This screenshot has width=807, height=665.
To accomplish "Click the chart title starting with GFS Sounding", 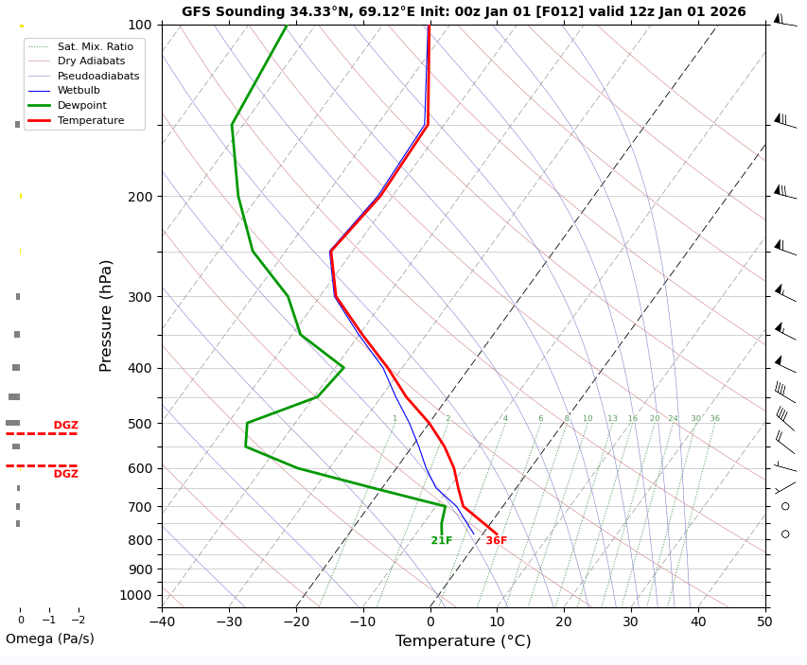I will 464,12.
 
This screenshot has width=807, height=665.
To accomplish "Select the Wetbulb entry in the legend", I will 79,91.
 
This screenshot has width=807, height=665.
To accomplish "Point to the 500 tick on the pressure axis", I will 140,424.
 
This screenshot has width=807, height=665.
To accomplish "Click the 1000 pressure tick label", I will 136,595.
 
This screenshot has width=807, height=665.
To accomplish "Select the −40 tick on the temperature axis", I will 162,621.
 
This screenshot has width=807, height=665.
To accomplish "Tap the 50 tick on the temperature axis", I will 764,621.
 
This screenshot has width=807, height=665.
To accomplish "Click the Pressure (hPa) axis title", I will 106,315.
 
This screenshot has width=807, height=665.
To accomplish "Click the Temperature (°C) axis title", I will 464,641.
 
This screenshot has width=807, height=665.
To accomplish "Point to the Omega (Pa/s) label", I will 50,639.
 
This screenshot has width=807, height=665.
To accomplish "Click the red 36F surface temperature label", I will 497,541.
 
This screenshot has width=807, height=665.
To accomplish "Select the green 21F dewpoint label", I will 442,541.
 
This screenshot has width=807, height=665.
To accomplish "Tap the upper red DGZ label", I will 66,426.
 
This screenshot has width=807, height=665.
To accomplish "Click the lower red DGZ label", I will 66,474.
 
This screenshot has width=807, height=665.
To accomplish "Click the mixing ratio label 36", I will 714,419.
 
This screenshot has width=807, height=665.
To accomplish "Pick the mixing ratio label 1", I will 395,419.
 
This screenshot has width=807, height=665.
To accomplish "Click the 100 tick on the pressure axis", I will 140,25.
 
